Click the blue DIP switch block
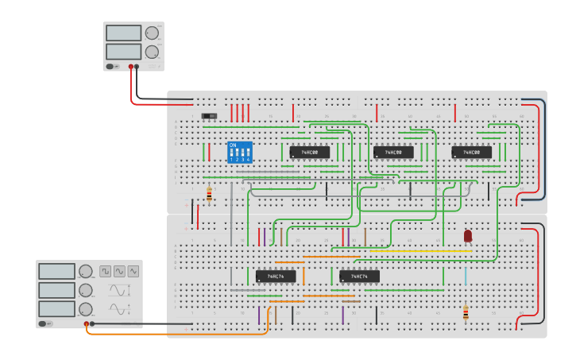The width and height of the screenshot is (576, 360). pyautogui.click(x=239, y=152)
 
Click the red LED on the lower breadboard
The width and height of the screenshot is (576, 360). pyautogui.click(x=468, y=236)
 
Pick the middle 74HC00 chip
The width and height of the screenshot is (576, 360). pyautogui.click(x=393, y=152)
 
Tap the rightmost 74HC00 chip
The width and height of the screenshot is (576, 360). pyautogui.click(x=471, y=152)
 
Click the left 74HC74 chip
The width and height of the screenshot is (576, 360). pyautogui.click(x=276, y=277)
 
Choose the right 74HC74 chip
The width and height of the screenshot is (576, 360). pyautogui.click(x=359, y=277)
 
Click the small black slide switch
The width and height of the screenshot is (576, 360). pyautogui.click(x=210, y=116)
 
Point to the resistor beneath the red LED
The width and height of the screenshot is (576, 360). pyautogui.click(x=466, y=313)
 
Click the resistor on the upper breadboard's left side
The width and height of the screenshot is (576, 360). pyautogui.click(x=209, y=194)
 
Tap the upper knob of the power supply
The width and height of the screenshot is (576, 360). pyautogui.click(x=152, y=33)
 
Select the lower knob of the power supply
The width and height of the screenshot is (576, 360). pyautogui.click(x=152, y=52)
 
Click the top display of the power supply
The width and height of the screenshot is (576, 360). pyautogui.click(x=123, y=33)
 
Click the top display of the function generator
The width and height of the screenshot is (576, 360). pyautogui.click(x=56, y=272)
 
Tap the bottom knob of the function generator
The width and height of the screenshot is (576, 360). pyautogui.click(x=85, y=309)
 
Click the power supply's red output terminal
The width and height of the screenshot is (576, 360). pyautogui.click(x=131, y=67)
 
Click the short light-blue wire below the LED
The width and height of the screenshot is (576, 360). pyautogui.click(x=466, y=277)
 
